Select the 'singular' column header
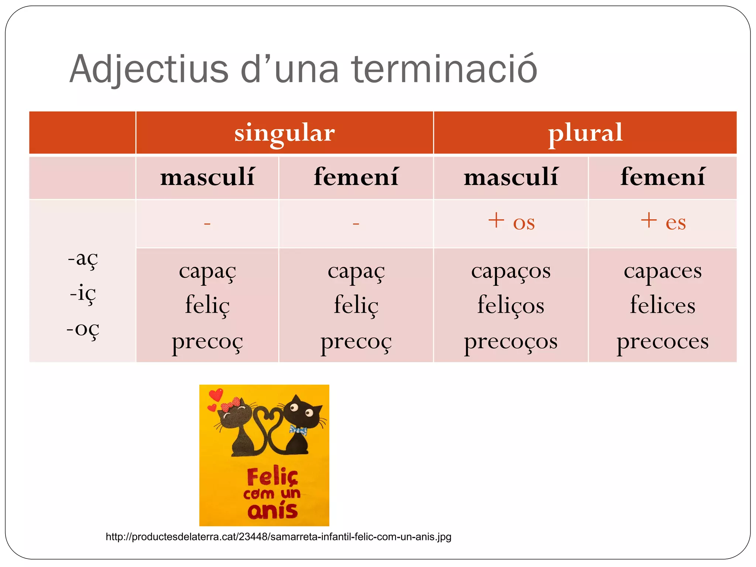tap(285, 133)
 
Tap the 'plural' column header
tap(585, 133)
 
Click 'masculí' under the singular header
tap(207, 177)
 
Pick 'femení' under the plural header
tap(663, 177)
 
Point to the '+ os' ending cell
tap(511, 222)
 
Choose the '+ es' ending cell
tap(663, 222)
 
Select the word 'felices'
tap(663, 305)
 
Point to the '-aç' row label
tap(83, 258)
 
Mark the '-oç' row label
tap(83, 329)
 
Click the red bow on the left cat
tap(230, 405)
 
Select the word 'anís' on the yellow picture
tap(272, 511)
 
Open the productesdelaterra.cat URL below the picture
tap(278, 537)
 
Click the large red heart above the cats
tap(216, 394)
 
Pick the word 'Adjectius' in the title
tap(149, 69)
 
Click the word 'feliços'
tap(511, 305)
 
